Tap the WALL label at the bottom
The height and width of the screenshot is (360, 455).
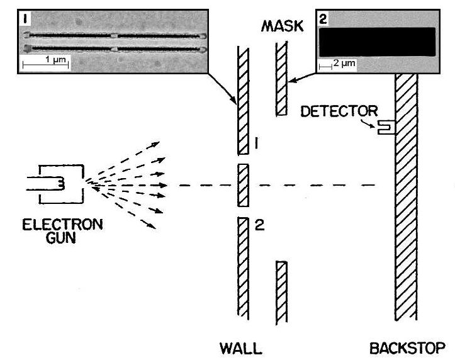[x=241, y=348]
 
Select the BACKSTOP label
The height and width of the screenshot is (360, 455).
[x=410, y=348]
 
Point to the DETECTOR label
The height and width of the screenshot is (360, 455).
[x=339, y=111]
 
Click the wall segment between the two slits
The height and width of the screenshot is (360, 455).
[x=243, y=186]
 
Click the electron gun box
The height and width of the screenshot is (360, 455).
[x=60, y=184]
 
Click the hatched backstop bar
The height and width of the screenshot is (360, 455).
[x=406, y=201]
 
